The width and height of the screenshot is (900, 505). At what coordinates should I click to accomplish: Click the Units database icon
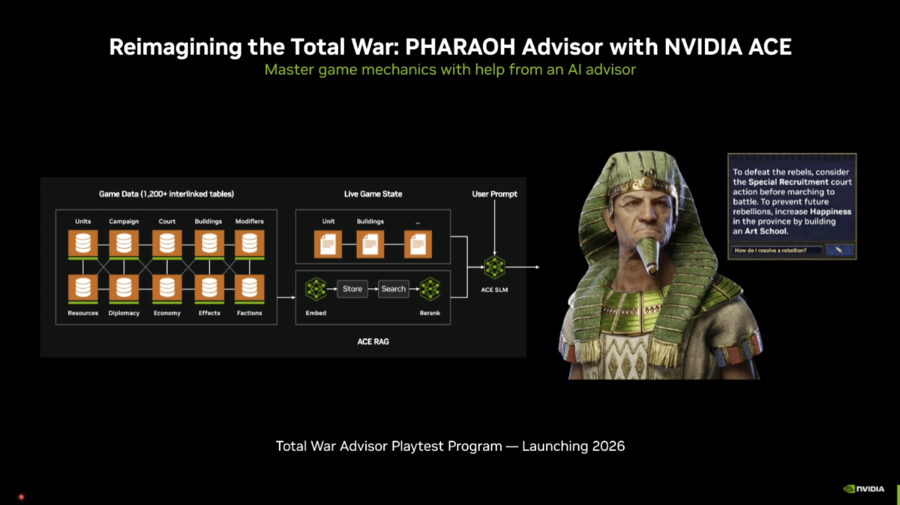[82, 243]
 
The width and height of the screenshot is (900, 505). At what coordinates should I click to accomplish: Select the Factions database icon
[250, 287]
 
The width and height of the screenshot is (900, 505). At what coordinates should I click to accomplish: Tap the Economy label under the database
[166, 313]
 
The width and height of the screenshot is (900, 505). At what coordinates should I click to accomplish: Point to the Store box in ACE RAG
[352, 289]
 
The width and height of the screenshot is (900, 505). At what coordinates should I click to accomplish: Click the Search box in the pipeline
[393, 289]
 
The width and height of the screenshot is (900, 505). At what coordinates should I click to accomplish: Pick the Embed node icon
[316, 289]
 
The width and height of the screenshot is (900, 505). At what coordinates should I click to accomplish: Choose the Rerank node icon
[430, 289]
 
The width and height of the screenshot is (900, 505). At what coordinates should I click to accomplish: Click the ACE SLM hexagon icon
[494, 267]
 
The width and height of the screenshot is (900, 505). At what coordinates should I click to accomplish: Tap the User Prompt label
[494, 194]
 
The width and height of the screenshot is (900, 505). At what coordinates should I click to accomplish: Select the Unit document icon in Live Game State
[328, 243]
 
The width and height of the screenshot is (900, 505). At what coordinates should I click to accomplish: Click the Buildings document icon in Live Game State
[370, 243]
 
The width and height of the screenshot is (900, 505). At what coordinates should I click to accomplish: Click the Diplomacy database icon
[124, 287]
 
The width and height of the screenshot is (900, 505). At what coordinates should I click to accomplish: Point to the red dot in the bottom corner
[21, 497]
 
